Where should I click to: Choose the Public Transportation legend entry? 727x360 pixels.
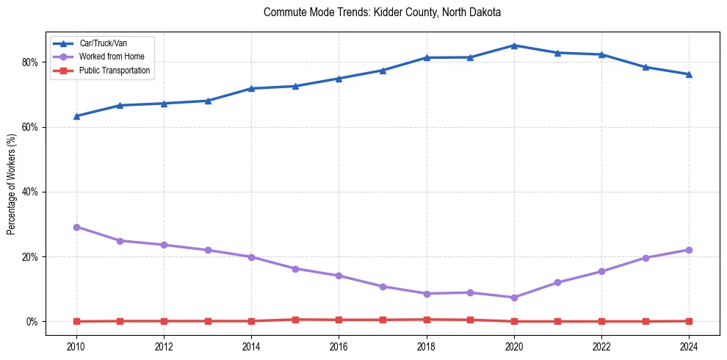click(114, 71)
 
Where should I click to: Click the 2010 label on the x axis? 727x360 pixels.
click(76, 346)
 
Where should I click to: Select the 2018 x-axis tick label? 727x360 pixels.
click(427, 346)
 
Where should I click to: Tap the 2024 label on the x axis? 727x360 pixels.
click(689, 346)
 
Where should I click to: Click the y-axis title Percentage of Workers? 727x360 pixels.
click(12, 184)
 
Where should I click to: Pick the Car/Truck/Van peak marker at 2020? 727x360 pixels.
click(514, 46)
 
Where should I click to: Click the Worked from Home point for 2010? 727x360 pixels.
click(76, 227)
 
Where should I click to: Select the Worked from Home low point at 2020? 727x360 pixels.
click(514, 298)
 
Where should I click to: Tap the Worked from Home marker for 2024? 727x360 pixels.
click(689, 250)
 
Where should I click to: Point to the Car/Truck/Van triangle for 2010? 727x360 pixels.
click(76, 116)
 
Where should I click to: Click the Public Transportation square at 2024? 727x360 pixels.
click(689, 321)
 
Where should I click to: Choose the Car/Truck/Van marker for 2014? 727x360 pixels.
click(251, 88)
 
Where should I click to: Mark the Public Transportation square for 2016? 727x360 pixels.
click(339, 320)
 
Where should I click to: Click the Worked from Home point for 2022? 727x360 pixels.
click(601, 271)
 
